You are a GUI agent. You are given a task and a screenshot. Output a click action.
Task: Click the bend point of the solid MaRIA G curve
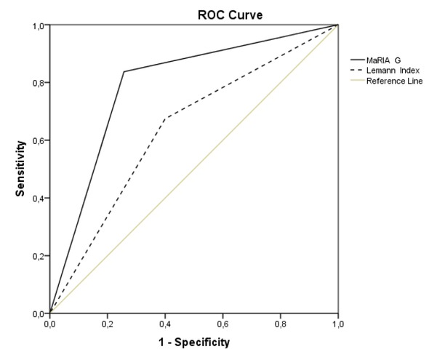click(124, 71)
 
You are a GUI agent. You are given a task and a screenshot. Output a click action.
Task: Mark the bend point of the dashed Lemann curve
click(166, 118)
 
